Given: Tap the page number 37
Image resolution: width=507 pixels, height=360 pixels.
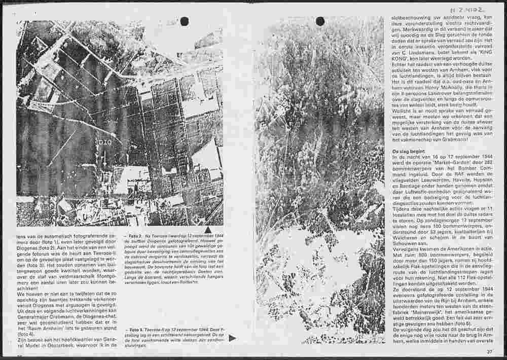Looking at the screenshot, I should [489, 351].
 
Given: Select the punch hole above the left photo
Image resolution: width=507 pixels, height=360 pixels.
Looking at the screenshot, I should [185, 21].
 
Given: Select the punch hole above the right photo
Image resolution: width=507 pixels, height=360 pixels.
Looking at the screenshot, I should [320, 21].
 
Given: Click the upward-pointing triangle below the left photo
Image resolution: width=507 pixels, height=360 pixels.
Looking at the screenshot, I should [208, 230].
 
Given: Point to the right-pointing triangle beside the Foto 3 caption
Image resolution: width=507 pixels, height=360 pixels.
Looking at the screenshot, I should [232, 338].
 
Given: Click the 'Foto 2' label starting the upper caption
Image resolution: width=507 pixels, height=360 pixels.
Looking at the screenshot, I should [136, 236].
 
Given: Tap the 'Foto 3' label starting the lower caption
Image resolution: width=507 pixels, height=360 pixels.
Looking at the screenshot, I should [135, 329].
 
